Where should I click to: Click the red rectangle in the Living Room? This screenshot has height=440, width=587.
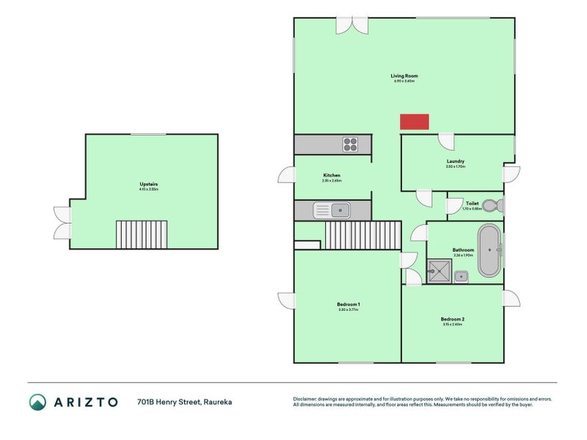414,122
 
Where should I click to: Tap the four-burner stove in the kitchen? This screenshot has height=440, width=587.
350,144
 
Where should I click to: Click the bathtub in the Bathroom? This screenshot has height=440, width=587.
489,252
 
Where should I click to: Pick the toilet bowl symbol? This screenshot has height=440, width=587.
500,205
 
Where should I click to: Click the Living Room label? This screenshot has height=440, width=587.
404,76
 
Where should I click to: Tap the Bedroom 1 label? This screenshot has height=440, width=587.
349,304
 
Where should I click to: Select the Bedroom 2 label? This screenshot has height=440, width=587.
452,319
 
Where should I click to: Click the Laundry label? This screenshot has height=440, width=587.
456,161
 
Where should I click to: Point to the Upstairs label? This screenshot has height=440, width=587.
150,184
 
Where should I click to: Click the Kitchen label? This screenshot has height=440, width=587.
332,175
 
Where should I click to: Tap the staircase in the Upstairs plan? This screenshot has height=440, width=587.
142,235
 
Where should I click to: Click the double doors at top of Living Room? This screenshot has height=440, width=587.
352,23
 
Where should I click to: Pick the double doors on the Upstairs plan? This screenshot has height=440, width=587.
62,222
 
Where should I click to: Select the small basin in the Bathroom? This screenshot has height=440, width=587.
461,276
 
